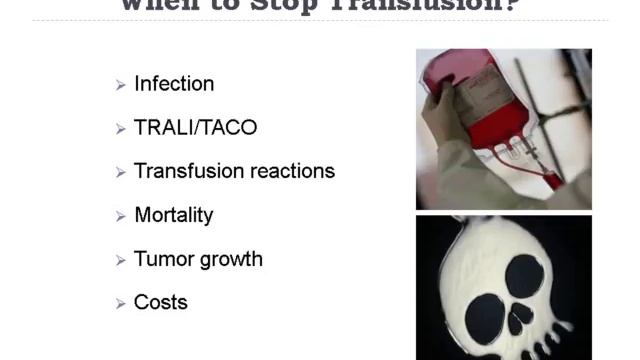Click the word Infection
pos(174,84)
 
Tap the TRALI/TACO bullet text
pos(195,128)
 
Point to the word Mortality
pos(173,215)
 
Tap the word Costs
pos(161,302)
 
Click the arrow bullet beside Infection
pos(120,85)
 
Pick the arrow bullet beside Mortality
pos(120,216)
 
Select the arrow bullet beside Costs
pos(120,303)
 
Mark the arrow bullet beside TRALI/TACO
pos(120,129)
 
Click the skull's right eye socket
pos(526,275)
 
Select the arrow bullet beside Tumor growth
pos(120,260)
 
